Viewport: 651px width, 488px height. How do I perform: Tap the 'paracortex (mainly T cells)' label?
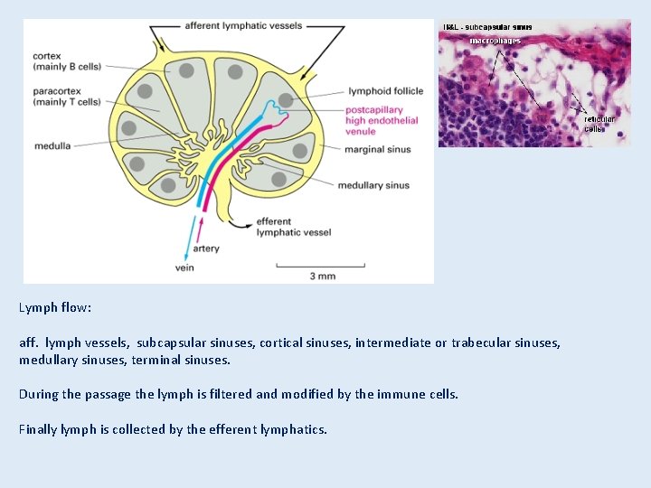click(x=66, y=96)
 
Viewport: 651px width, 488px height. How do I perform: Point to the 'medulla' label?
click(x=53, y=144)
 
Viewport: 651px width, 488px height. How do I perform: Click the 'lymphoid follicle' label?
click(x=384, y=91)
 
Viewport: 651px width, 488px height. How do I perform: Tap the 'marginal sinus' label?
click(x=377, y=149)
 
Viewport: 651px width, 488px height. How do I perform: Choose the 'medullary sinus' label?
click(x=373, y=185)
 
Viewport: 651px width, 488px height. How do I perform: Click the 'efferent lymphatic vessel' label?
click(x=294, y=227)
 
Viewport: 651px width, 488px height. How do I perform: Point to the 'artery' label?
click(x=206, y=249)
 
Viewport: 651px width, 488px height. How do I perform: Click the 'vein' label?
click(x=184, y=267)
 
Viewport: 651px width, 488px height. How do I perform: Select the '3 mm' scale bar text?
click(x=323, y=276)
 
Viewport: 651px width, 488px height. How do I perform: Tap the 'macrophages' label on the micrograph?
click(x=495, y=41)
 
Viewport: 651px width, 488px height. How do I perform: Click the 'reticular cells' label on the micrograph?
click(x=599, y=124)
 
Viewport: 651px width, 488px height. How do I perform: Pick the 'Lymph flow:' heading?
click(x=55, y=307)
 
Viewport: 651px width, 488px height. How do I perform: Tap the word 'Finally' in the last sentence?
click(x=38, y=428)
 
